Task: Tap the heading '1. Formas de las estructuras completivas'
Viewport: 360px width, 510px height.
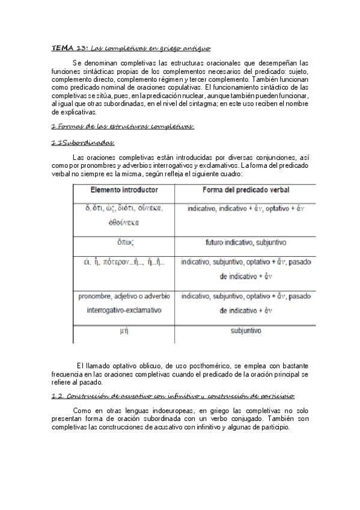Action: coord(123,126)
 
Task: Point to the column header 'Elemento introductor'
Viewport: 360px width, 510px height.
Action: coord(124,189)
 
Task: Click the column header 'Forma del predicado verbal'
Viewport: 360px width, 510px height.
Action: coord(245,189)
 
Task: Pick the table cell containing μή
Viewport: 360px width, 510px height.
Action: coord(124,331)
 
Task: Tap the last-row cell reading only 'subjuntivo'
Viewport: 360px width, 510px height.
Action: coord(245,331)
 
